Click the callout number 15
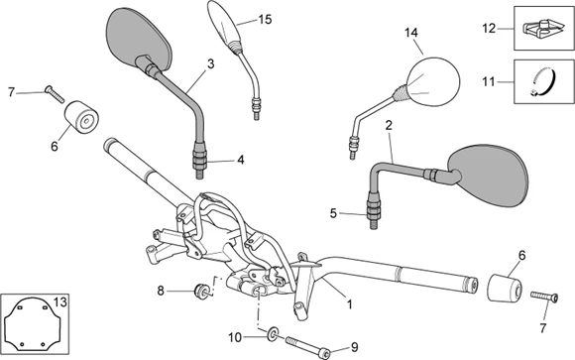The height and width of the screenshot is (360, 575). click(x=265, y=19)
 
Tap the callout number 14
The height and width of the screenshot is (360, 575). click(x=411, y=33)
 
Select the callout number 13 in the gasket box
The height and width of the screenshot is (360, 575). click(x=60, y=302)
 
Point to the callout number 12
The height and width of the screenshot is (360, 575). click(x=489, y=28)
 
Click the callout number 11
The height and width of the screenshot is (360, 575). click(x=489, y=81)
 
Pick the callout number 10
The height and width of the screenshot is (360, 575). click(x=235, y=337)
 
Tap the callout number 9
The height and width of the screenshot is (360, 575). click(x=354, y=347)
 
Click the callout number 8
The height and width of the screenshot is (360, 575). click(x=161, y=291)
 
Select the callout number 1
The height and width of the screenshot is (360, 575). click(x=350, y=304)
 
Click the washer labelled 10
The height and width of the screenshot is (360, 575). click(x=273, y=333)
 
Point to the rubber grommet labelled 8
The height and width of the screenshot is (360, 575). click(x=200, y=291)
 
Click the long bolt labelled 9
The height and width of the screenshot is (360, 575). click(x=307, y=346)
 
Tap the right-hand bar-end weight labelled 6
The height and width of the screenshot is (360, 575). click(x=505, y=288)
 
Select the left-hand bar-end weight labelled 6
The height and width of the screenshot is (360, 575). click(x=82, y=117)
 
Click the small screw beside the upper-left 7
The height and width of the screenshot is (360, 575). click(x=55, y=93)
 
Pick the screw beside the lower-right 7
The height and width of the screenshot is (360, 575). click(x=544, y=296)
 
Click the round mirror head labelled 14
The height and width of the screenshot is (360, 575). click(x=432, y=82)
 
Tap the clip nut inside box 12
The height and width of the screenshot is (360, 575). click(x=542, y=29)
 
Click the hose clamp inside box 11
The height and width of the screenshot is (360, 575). click(x=544, y=82)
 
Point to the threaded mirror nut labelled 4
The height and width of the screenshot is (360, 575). click(x=200, y=159)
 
